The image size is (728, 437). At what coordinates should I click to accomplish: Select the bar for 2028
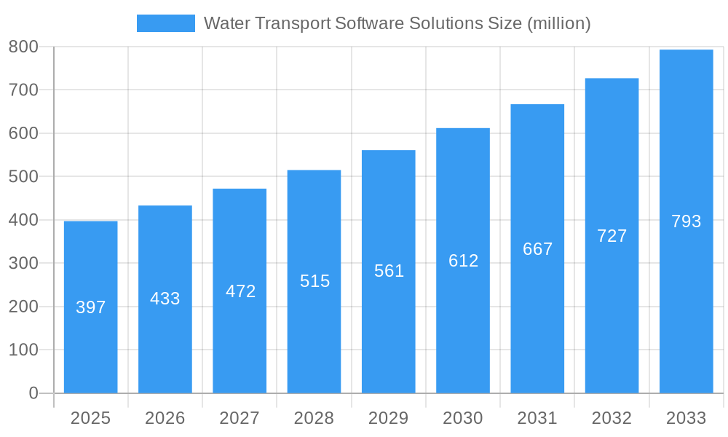(314, 328)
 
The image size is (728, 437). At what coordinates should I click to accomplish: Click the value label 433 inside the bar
(165, 299)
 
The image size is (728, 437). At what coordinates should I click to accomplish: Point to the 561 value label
(389, 271)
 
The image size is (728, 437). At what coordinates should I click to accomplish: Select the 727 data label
(612, 236)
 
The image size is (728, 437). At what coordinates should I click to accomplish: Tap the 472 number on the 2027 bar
(240, 291)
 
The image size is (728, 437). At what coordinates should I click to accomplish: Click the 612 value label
(463, 261)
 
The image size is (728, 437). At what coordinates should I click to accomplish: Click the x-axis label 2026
(165, 418)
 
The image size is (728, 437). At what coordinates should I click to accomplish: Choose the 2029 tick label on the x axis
(389, 418)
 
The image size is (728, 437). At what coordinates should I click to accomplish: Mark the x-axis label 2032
(612, 418)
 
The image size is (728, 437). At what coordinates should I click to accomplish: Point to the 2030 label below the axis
(463, 418)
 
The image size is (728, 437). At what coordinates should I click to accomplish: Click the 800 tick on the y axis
(23, 47)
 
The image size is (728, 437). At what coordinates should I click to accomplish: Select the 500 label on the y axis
(23, 176)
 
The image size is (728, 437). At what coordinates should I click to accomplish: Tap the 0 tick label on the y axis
(33, 393)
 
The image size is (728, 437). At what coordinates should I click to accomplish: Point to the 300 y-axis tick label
(23, 263)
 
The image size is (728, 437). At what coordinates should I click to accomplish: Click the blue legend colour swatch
(166, 23)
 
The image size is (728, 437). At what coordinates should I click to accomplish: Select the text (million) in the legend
(558, 23)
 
